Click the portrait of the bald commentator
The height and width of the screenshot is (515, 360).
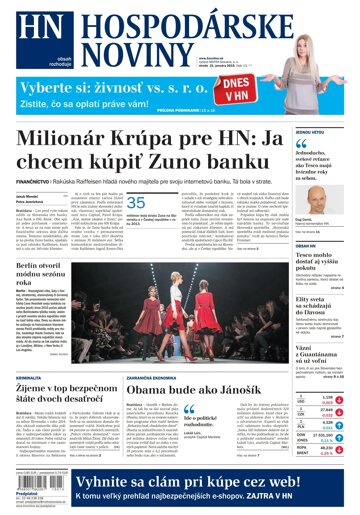[x=315, y=196]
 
